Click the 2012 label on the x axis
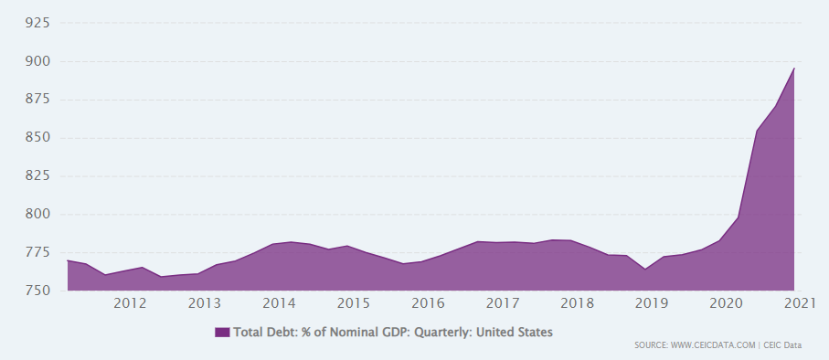click(130, 303)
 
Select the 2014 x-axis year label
click(279, 303)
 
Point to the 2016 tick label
click(429, 303)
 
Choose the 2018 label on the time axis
click(578, 303)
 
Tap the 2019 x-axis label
click(652, 303)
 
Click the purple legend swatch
click(222, 333)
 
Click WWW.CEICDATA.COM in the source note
click(713, 345)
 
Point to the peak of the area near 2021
click(794, 69)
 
